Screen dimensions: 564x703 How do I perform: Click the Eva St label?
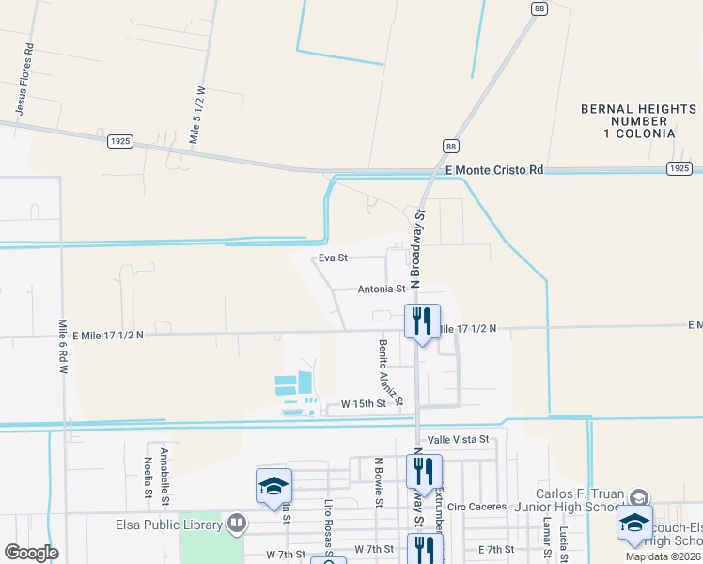[x=334, y=257]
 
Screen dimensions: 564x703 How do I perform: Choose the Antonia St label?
[x=381, y=290]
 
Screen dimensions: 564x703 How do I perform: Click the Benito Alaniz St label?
[x=390, y=372]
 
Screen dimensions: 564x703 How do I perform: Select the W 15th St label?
[x=364, y=403]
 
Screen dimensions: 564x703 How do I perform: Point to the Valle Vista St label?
[x=459, y=439]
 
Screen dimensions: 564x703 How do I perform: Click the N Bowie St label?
[x=378, y=481]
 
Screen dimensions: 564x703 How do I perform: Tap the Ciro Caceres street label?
[x=471, y=507]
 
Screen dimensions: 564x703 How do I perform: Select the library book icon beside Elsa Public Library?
[x=236, y=522]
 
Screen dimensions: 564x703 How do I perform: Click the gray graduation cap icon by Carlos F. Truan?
[x=638, y=497]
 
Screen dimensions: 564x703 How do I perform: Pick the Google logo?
[x=30, y=552]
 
